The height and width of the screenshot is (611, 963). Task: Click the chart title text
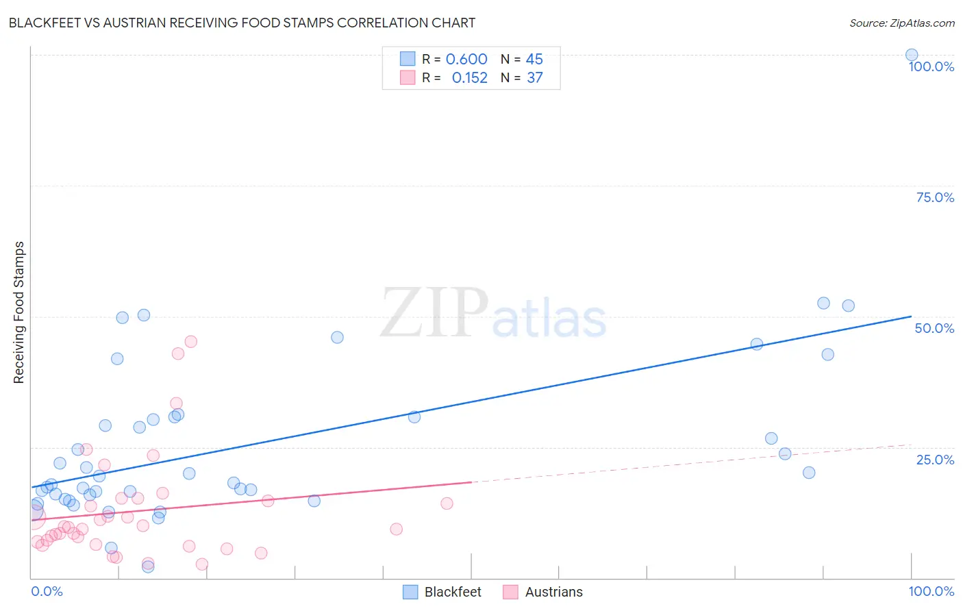[241, 23]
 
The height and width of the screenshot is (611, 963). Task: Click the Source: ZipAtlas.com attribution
[901, 23]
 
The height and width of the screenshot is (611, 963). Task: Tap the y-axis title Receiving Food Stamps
[18, 312]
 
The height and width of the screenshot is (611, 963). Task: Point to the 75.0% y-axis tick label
[935, 197]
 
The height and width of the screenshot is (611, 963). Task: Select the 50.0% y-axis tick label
[934, 328]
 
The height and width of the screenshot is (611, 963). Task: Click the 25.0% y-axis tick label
[935, 460]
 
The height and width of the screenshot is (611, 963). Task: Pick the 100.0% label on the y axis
[931, 66]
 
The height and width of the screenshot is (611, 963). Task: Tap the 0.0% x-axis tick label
[47, 591]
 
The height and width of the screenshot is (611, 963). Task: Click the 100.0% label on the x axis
[931, 591]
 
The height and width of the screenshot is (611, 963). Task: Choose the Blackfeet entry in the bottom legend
[452, 592]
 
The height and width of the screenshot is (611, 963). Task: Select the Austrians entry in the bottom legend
[553, 592]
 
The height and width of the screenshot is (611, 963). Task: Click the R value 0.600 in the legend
[466, 59]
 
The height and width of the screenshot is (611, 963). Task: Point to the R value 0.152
[469, 77]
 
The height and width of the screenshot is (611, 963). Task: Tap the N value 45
[534, 59]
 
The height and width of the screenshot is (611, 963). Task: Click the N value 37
[534, 77]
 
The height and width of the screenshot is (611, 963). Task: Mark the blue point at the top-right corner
[912, 55]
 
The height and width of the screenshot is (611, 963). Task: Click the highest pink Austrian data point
[191, 341]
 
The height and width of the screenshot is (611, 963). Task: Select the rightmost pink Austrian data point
[447, 503]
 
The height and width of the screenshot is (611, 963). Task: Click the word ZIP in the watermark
[434, 313]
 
